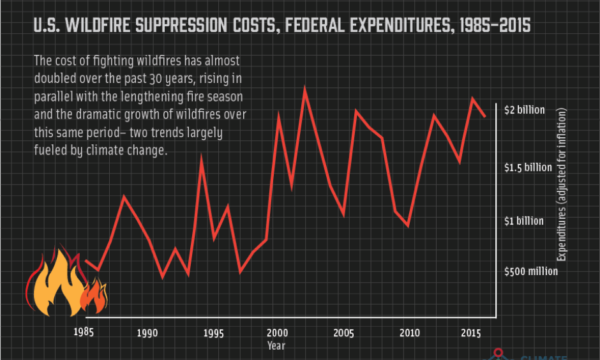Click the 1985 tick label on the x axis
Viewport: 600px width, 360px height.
[x=84, y=332]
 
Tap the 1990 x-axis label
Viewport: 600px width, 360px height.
[x=147, y=332]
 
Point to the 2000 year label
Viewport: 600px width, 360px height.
[x=277, y=332]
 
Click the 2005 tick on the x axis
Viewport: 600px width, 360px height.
[x=343, y=332]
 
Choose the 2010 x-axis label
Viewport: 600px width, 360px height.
[x=409, y=332]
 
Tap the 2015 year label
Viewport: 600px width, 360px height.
[x=471, y=332]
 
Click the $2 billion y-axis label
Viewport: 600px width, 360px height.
[x=525, y=110]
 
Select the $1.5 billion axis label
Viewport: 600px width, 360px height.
[x=528, y=167]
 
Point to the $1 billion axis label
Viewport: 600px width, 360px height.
[x=525, y=221]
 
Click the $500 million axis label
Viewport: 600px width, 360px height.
[x=531, y=271]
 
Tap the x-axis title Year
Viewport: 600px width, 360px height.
[x=276, y=345]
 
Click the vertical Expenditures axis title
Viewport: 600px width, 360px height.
[x=562, y=185]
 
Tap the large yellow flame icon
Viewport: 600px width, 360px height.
[x=56, y=284]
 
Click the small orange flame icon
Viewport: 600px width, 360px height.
[x=95, y=297]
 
